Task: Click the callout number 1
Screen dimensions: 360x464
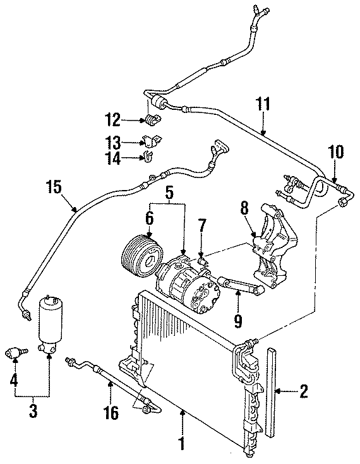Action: pyautogui.click(x=182, y=444)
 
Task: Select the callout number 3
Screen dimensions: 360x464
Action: pyautogui.click(x=33, y=411)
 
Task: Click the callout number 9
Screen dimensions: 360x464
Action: pyautogui.click(x=237, y=321)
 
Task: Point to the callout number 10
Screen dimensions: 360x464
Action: pyautogui.click(x=335, y=152)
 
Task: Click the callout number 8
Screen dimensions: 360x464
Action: pyautogui.click(x=244, y=208)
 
